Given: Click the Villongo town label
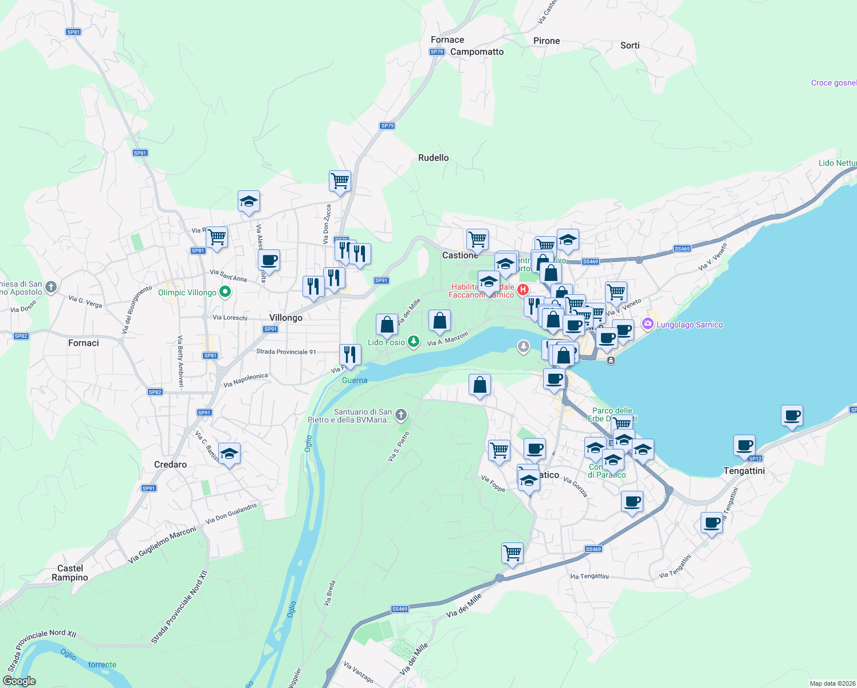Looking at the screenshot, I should pyautogui.click(x=286, y=318).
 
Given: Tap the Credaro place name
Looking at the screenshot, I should pyautogui.click(x=170, y=464).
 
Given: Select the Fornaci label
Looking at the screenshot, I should pyautogui.click(x=84, y=343).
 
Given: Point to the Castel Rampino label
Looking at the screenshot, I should pyautogui.click(x=70, y=573).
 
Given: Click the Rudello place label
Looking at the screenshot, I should pyautogui.click(x=434, y=158).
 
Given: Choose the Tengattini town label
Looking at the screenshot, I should pyautogui.click(x=744, y=471).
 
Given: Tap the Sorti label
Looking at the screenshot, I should pyautogui.click(x=630, y=45).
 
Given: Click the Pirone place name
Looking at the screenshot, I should pyautogui.click(x=547, y=41).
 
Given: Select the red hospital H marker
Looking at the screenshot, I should pyautogui.click(x=522, y=290).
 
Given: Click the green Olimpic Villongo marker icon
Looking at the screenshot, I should pyautogui.click(x=225, y=292).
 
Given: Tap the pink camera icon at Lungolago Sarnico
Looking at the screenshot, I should pyautogui.click(x=648, y=325).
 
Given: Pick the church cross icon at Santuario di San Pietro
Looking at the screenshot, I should pyautogui.click(x=401, y=415).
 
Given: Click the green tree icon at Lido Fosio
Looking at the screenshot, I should pyautogui.click(x=413, y=342).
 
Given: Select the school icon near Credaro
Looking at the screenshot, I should pyautogui.click(x=229, y=454).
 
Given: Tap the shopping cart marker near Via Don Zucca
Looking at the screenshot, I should pyautogui.click(x=340, y=181).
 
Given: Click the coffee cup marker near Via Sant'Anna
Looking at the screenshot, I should pyautogui.click(x=269, y=261).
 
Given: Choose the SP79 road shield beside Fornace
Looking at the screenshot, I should pyautogui.click(x=437, y=52).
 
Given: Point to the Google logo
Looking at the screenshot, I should pyautogui.click(x=19, y=681).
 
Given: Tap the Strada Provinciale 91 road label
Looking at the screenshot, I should pyautogui.click(x=286, y=352).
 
